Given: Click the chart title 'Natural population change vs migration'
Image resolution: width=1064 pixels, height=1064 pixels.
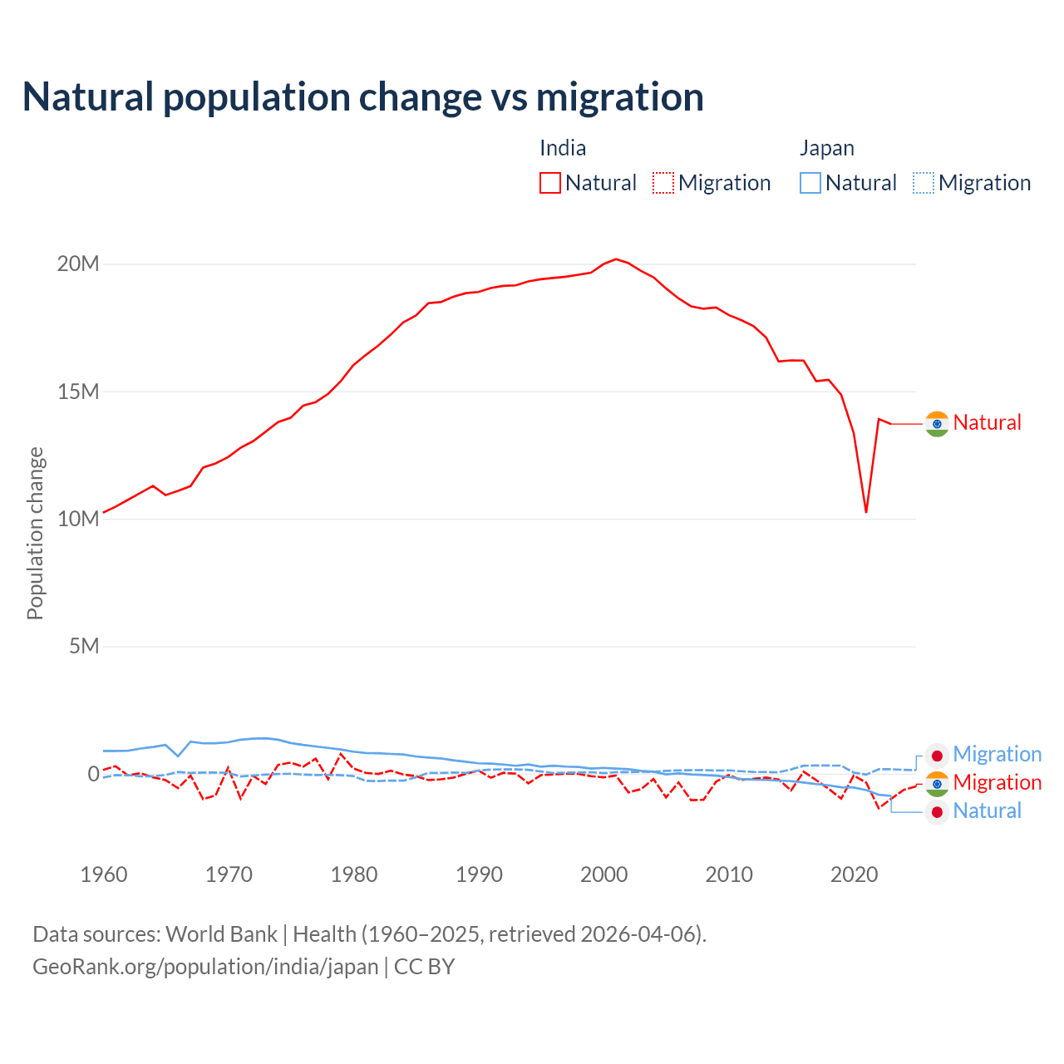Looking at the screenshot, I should pos(362,97).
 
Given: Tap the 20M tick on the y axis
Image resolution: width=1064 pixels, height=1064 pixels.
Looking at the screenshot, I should pos(78,264).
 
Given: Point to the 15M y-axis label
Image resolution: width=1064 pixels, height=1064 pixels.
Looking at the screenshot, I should pos(78,392).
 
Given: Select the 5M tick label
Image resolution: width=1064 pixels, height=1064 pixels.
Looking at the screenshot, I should pos(84,646).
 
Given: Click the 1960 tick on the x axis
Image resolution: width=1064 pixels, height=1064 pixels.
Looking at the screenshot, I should pos(104,874).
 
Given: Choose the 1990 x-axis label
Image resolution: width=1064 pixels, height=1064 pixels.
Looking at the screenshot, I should pos(480,874).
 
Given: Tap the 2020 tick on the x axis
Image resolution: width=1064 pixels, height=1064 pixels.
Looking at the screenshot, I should pos(855,874).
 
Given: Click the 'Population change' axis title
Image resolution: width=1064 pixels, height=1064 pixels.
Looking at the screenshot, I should pos(35,533).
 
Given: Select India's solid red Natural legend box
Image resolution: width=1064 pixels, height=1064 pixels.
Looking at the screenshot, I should pos(550,183).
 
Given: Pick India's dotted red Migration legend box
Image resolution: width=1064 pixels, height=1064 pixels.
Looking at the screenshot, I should pos(663,183).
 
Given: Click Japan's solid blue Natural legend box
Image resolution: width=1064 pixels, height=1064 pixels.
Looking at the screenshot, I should pos(810,183).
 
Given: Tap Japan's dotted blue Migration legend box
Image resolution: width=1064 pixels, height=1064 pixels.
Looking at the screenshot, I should pos(924,183).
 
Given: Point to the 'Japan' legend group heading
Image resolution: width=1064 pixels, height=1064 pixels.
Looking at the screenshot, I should pos(827,148).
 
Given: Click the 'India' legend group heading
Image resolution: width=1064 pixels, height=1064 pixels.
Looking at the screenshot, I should pos(563,148).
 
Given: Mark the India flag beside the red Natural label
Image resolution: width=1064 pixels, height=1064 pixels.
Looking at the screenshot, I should pos(937,424).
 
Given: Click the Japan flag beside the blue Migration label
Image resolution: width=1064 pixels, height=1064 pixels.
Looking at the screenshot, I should pos(937,756).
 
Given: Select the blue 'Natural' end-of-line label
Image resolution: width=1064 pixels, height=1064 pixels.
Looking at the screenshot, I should pos(987,811).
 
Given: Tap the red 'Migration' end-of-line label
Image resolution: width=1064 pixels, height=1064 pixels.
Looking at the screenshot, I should pos(997,782).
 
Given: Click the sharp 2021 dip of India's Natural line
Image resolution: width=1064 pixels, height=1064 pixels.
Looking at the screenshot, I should pos(866,511).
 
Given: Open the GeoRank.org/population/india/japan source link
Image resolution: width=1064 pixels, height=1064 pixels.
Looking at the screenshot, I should pos(205,967).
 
